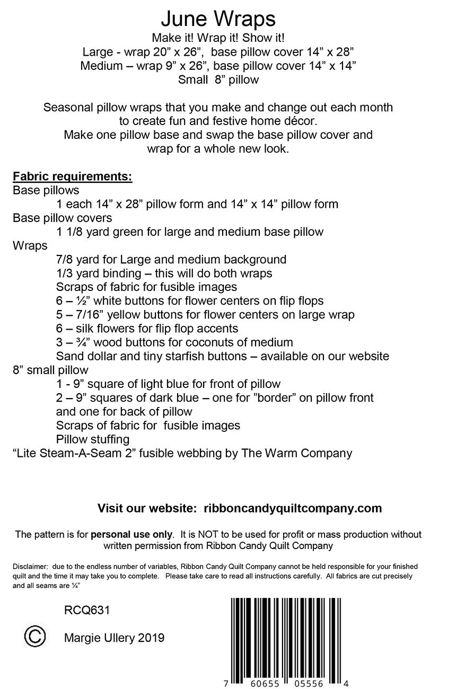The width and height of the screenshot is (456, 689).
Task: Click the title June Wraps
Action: tap(218, 20)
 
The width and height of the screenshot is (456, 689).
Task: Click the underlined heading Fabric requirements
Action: tap(72, 176)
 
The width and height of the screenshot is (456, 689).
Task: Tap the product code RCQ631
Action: tap(86, 611)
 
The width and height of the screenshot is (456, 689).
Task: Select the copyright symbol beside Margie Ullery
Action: tap(34, 636)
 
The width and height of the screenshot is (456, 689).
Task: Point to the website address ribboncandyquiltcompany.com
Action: tap(292, 508)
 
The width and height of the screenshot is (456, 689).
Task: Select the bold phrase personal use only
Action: tap(131, 534)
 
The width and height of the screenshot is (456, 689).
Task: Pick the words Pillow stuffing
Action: tap(93, 439)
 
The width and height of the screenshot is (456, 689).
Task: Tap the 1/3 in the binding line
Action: tap(63, 273)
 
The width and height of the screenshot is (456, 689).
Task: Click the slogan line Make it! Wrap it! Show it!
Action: tap(218, 38)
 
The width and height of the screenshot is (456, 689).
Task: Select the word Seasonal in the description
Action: tap(68, 108)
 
